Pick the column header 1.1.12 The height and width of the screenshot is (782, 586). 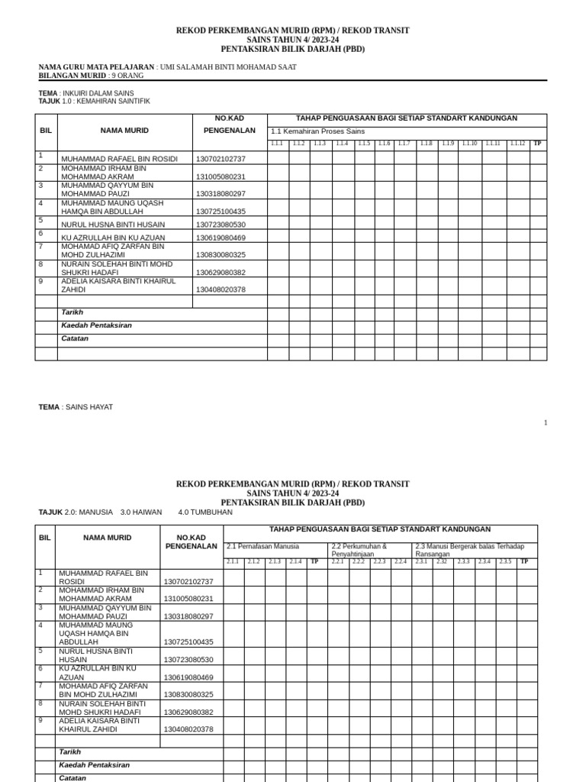pos(517,144)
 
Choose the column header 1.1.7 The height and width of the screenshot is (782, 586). pos(404,144)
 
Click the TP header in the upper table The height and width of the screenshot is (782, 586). pos(537,144)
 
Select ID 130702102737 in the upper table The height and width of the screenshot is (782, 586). pos(221,159)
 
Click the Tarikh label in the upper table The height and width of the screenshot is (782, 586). pos(72,312)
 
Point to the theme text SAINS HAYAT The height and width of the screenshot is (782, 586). pos(89,407)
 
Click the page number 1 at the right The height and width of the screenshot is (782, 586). pos(546,422)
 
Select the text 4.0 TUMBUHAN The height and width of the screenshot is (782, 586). pos(205,512)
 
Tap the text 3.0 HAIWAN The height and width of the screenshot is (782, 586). pos(141,512)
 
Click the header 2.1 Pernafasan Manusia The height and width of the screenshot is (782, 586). pos(263,546)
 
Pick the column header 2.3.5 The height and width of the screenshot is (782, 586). pos(505,561)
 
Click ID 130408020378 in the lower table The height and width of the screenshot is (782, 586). pos(188,729)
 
